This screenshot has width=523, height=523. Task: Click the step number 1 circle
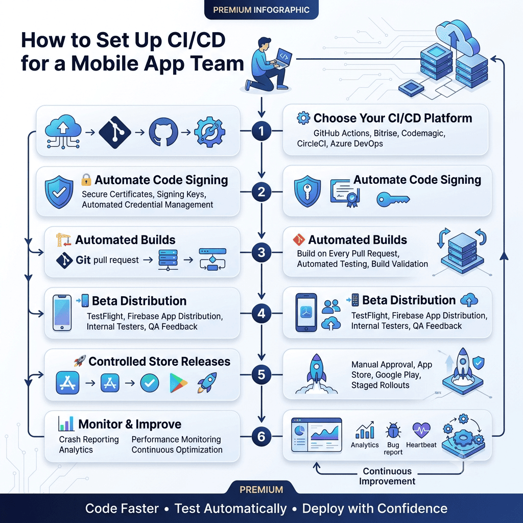tap(261, 131)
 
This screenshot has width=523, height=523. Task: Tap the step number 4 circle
tap(261, 313)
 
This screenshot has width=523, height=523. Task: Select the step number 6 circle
tap(261, 436)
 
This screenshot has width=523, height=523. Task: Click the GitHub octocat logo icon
tap(163, 132)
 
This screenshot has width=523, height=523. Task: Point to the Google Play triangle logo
tap(178, 383)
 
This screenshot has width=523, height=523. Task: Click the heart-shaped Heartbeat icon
tap(421, 430)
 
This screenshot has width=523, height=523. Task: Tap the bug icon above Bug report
tap(393, 430)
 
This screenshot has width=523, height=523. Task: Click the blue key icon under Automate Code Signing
tap(393, 200)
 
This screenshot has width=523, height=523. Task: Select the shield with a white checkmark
tap(59, 192)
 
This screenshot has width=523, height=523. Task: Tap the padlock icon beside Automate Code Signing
tap(86, 179)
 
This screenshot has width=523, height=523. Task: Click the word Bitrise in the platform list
tap(386, 133)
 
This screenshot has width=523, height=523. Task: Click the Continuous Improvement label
tap(387, 476)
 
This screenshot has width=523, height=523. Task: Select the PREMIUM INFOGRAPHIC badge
tap(261, 10)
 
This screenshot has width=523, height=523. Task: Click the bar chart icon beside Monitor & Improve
tap(66, 423)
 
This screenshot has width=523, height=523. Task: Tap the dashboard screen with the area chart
tap(317, 435)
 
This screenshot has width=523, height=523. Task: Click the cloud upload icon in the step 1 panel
tap(63, 131)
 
